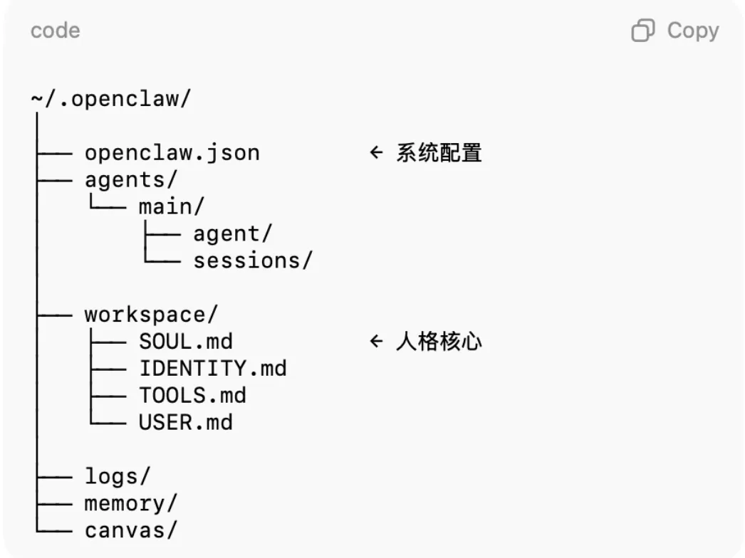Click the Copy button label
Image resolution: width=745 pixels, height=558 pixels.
point(693,31)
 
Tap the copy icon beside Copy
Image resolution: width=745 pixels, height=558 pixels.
point(643,31)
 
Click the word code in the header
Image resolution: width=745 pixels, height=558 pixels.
point(55,31)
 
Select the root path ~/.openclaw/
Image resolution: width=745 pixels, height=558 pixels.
point(111,99)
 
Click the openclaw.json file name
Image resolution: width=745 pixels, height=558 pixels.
point(172,153)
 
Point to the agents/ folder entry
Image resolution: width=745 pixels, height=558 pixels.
point(130,180)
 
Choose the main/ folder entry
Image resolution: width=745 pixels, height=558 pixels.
point(171,207)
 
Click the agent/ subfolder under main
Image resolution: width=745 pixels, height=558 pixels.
point(233,234)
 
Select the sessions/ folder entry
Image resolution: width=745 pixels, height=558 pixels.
point(253,261)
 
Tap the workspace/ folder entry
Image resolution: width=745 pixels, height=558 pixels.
point(151,315)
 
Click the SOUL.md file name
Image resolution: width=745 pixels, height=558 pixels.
point(186,342)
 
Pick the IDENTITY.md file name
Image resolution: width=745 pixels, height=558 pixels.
point(212,369)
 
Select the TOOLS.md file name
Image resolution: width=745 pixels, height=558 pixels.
point(192,396)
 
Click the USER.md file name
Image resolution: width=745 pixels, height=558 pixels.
point(186,423)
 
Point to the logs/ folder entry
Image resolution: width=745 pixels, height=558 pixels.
point(118,476)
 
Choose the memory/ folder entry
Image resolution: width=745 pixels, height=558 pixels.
point(130,503)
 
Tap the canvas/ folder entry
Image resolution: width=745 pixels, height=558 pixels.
point(130,530)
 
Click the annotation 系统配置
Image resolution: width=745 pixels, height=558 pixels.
point(439,153)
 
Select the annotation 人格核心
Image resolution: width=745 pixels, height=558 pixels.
point(439,342)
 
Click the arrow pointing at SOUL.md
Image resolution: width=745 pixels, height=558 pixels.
point(376,342)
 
